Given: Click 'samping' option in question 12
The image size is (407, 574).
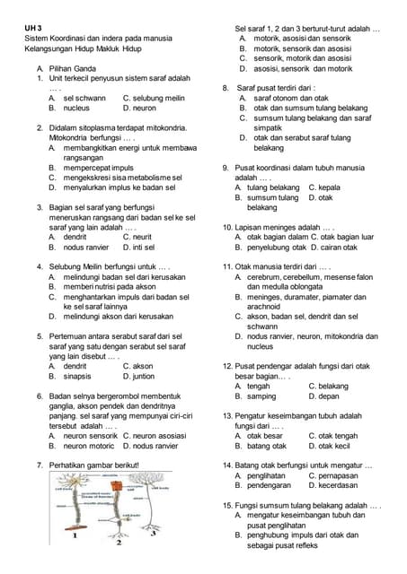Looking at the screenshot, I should coord(261,396).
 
